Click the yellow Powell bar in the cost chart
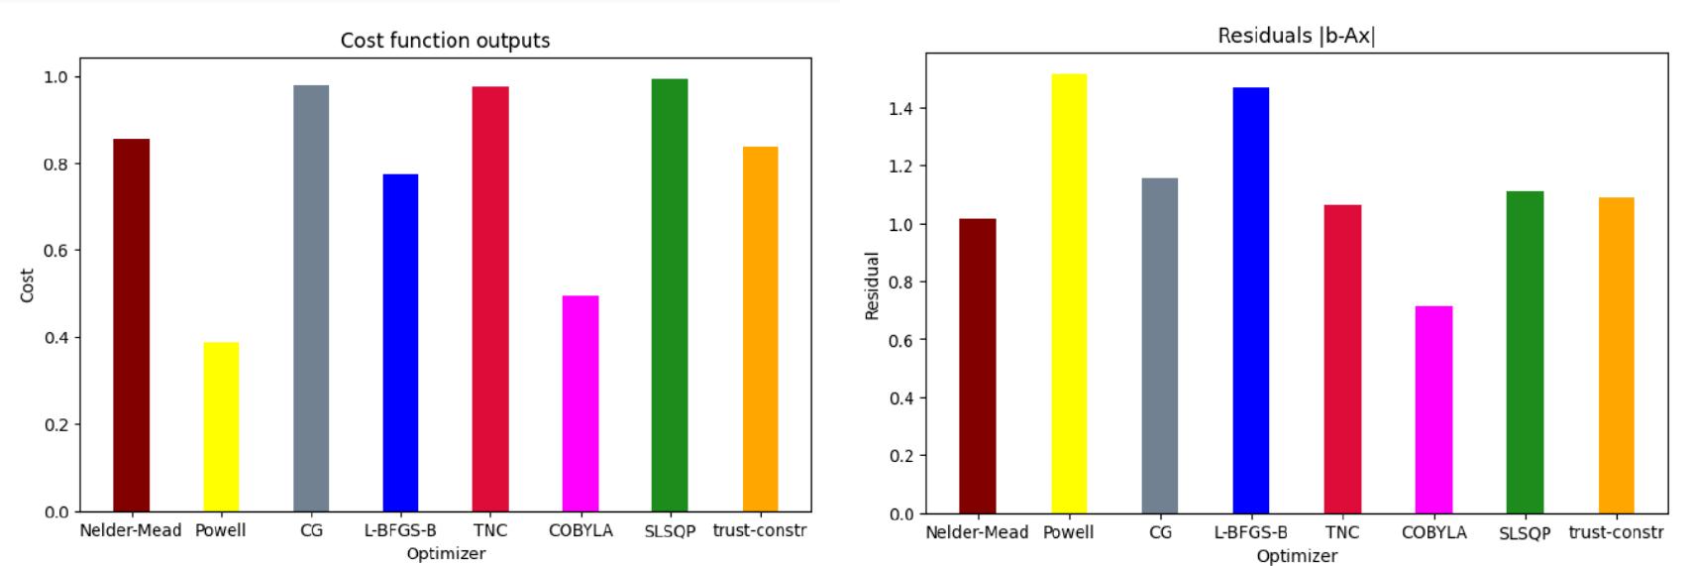221,426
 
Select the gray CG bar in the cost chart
311,298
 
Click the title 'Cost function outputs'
445,41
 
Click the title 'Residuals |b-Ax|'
1296,37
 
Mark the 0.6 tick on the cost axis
54,251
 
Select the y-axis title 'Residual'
873,286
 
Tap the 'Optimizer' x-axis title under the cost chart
446,553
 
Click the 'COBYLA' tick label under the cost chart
581,530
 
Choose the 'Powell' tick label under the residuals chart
1068,532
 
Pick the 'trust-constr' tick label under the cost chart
760,530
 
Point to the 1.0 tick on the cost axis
54,77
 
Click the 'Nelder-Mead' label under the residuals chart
977,532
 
